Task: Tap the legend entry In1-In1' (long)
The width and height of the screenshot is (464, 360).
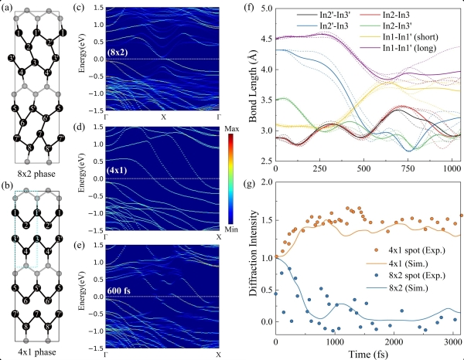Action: click(x=416, y=49)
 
